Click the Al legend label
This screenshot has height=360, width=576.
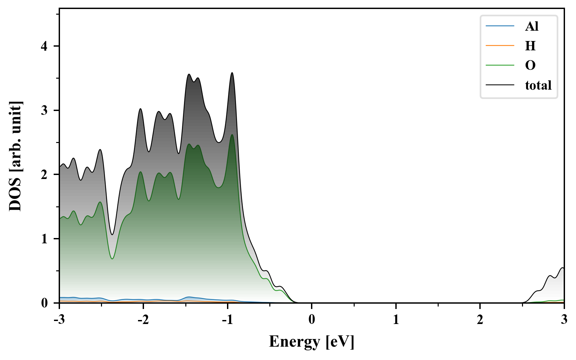click(532, 26)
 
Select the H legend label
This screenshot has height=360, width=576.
click(530, 46)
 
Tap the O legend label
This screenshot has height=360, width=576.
click(530, 65)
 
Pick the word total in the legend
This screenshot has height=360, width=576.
click(538, 85)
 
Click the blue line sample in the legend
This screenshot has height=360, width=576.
click(500, 26)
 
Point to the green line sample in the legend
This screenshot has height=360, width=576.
click(500, 65)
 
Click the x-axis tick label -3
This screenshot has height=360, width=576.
click(59, 320)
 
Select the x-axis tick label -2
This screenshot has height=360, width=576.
click(143, 320)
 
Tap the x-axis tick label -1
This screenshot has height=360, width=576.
click(227, 320)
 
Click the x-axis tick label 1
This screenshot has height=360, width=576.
click(396, 320)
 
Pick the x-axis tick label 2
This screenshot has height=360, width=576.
click(480, 320)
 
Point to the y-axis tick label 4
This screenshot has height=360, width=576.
click(45, 46)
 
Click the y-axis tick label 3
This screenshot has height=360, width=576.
click(45, 110)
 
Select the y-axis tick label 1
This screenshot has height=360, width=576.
click(45, 239)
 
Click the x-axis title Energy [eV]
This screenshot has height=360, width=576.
click(311, 342)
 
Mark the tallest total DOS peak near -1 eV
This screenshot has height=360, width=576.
click(232, 73)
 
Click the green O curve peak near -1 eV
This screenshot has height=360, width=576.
click(232, 135)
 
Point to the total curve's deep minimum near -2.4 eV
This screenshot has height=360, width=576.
click(112, 235)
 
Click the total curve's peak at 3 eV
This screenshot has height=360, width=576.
click(563, 268)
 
